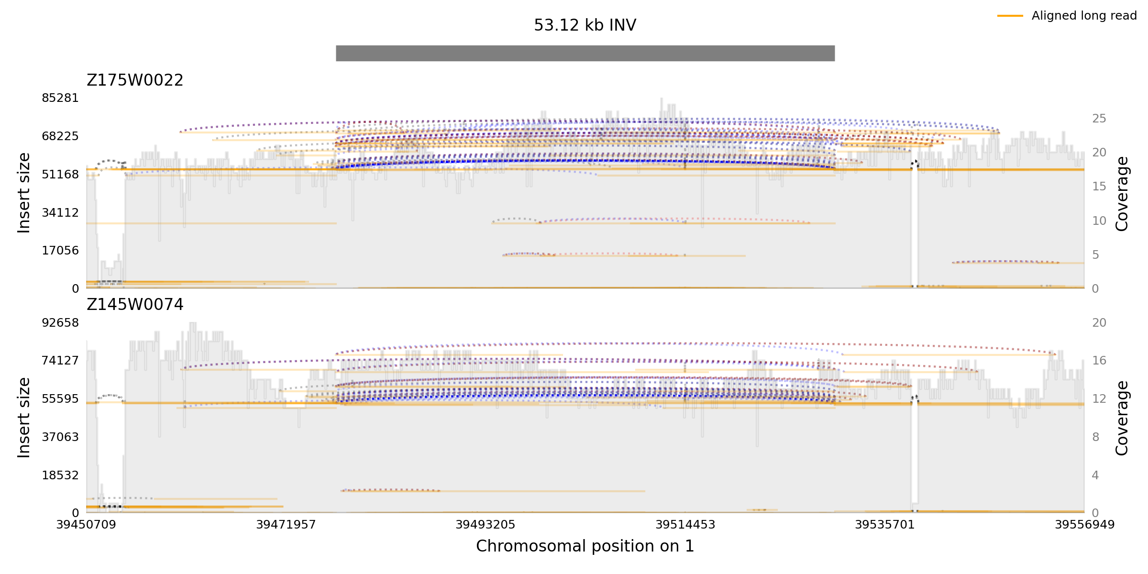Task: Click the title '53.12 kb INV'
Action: coord(585,25)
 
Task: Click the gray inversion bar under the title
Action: coord(585,53)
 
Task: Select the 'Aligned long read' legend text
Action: coord(1083,16)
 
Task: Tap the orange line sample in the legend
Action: coord(1010,16)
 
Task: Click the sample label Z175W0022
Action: coord(135,80)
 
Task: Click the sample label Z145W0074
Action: coord(135,305)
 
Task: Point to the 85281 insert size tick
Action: coord(60,98)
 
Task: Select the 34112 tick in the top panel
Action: coord(60,212)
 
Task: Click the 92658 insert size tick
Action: coord(60,323)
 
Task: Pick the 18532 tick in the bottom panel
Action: coord(60,475)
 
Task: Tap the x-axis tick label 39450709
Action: coord(86,525)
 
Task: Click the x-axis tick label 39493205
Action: coord(485,525)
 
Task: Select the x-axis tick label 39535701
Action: coord(884,525)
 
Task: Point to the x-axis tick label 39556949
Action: coord(1084,525)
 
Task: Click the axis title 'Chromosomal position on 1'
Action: coord(585,546)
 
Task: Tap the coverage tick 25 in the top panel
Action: coord(1099,119)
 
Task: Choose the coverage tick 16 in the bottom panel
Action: coord(1099,361)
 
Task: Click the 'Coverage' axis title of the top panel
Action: coord(1122,194)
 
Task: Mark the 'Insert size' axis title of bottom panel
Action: coord(24,418)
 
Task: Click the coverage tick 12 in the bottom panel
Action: coord(1099,399)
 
